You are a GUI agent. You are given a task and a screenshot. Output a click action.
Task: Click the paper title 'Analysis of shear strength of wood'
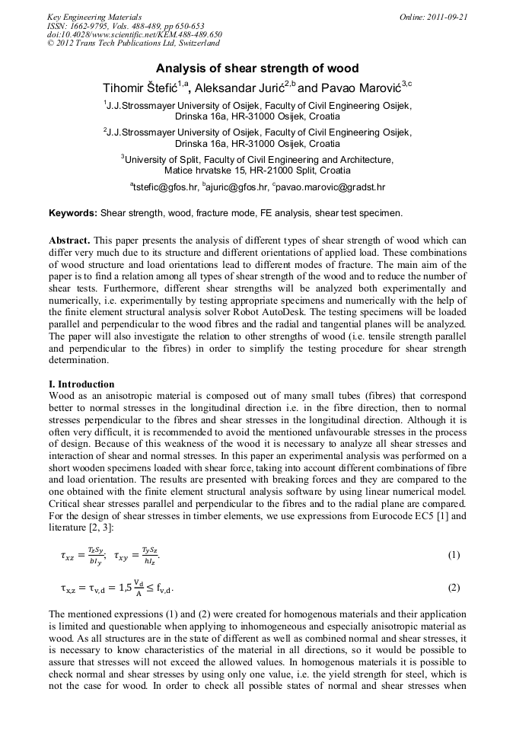(257, 69)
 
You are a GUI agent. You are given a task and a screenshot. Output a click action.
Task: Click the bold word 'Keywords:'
(73, 213)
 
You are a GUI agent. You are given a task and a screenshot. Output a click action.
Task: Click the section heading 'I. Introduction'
(81, 384)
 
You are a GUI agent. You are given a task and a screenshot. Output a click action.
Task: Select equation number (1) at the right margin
(454, 555)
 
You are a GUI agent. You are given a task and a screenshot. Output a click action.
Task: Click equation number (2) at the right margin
(454, 588)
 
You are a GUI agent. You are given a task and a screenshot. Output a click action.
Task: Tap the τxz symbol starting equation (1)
(70, 556)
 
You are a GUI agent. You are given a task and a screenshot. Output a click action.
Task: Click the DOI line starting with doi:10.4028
(135, 35)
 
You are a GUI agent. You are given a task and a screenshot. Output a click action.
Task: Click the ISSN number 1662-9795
(88, 26)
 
